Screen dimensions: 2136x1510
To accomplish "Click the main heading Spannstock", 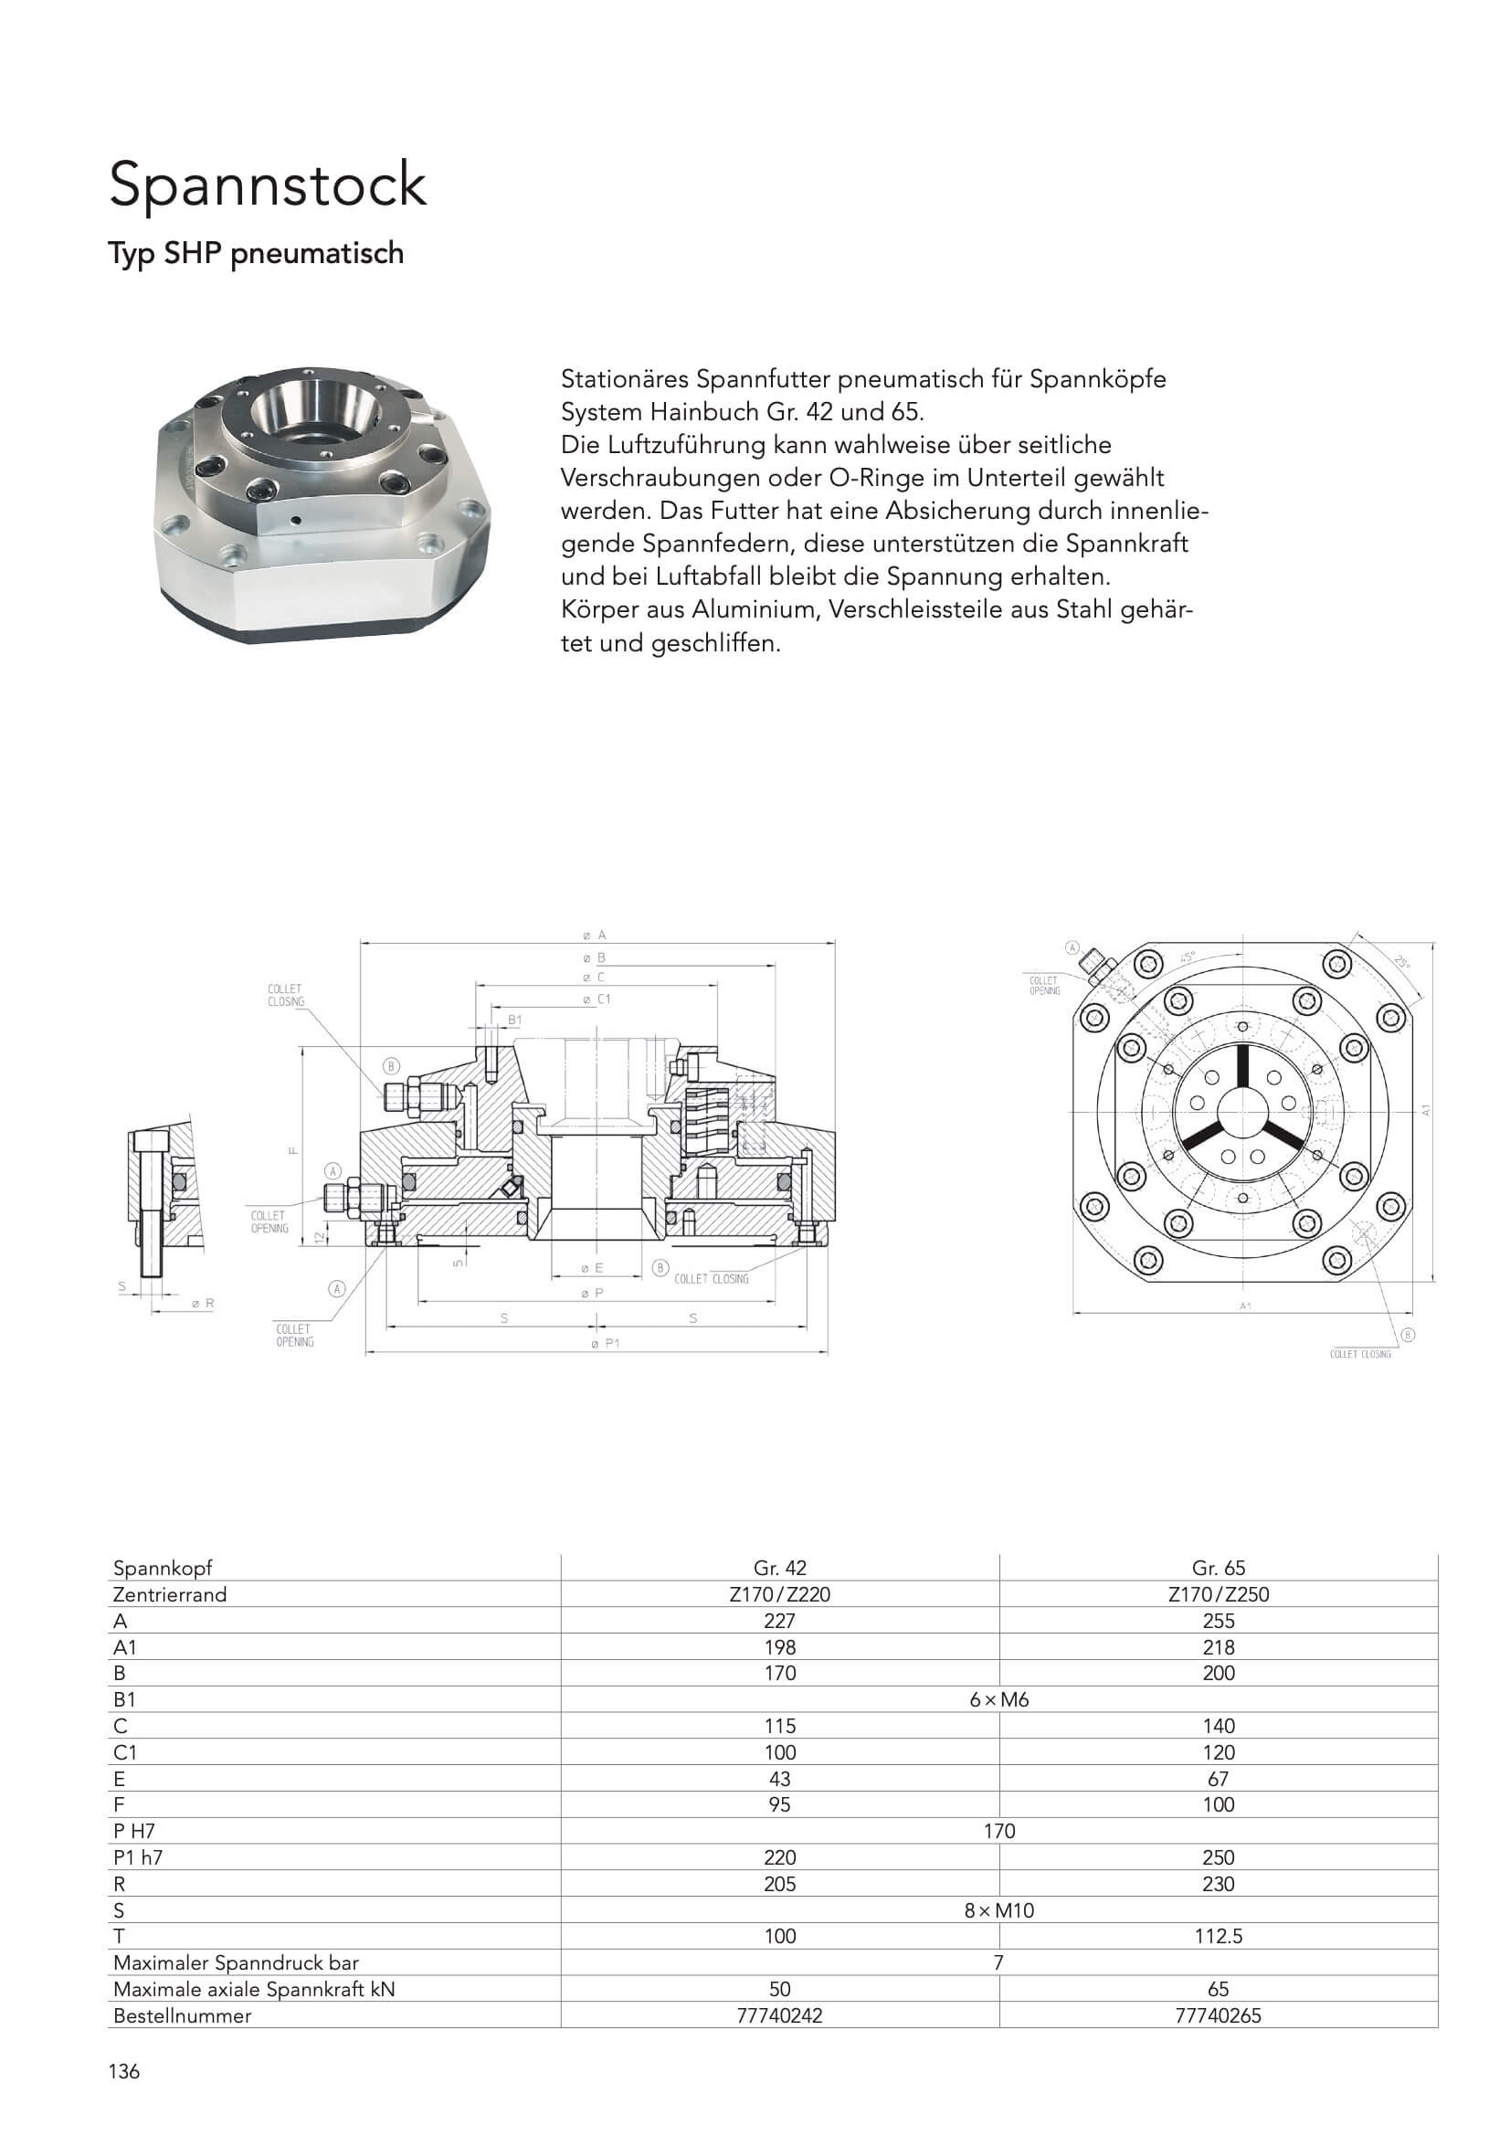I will tap(268, 185).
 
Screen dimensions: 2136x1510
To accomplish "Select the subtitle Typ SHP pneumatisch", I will tap(256, 253).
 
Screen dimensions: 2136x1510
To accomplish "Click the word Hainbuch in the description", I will tap(711, 412).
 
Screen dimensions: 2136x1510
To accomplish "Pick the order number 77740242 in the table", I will tap(779, 2015).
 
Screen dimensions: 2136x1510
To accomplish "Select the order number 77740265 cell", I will tap(1218, 2015).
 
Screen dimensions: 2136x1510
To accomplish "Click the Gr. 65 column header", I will tap(1218, 1568).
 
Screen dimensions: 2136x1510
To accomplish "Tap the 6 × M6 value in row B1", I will tap(999, 1698).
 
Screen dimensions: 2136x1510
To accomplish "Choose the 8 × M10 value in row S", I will tap(999, 1910).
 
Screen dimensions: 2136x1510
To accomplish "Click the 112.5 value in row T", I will tap(1218, 1936).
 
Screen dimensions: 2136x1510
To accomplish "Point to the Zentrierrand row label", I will tap(169, 1593).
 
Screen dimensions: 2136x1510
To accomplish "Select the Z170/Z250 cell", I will tap(1218, 1593).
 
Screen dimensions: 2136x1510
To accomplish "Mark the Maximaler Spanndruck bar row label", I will tap(236, 1962).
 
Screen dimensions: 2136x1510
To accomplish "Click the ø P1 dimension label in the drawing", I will tap(605, 1343).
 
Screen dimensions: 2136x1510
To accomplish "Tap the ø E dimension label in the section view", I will tap(593, 1268).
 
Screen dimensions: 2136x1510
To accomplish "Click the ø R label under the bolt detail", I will tap(202, 1304).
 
